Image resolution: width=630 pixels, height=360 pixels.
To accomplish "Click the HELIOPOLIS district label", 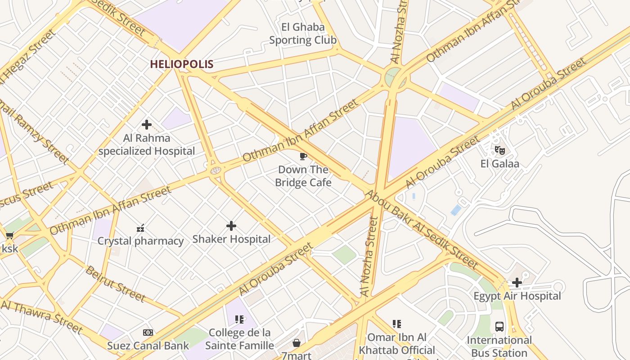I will tap(181, 64).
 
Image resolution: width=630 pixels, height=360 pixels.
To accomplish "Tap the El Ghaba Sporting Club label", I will tap(303, 34).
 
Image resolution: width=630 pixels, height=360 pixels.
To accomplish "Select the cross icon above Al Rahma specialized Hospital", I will tap(147, 125).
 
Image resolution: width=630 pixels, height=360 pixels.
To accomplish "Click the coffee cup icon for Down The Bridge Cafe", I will tap(303, 156).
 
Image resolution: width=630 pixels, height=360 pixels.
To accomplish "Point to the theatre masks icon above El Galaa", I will tap(499, 150).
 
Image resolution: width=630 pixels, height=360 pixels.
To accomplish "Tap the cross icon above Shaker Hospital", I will tap(231, 226).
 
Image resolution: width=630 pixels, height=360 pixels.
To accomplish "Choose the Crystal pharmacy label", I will tap(140, 241).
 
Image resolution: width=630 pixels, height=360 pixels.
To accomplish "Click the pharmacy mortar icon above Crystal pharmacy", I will tap(140, 228).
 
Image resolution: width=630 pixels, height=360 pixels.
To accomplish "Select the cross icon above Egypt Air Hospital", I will tap(517, 283).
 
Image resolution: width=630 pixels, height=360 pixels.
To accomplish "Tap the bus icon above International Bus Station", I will tap(499, 327).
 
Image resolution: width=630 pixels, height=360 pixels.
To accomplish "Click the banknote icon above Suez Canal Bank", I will tap(148, 333).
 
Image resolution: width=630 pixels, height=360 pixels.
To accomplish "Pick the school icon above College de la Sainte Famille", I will tap(239, 319).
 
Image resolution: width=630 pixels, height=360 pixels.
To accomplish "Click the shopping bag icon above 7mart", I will tap(297, 343).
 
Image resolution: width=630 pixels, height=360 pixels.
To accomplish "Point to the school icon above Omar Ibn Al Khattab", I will tap(396, 324).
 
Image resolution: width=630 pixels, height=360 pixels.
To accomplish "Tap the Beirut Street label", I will tap(115, 283).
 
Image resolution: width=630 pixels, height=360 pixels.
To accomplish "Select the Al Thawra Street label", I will tap(42, 318).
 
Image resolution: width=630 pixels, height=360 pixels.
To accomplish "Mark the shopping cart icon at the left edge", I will tap(9, 235).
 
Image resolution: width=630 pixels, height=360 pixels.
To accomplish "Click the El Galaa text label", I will tap(499, 163).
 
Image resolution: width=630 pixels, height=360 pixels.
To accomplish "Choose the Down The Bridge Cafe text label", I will tap(303, 176).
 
